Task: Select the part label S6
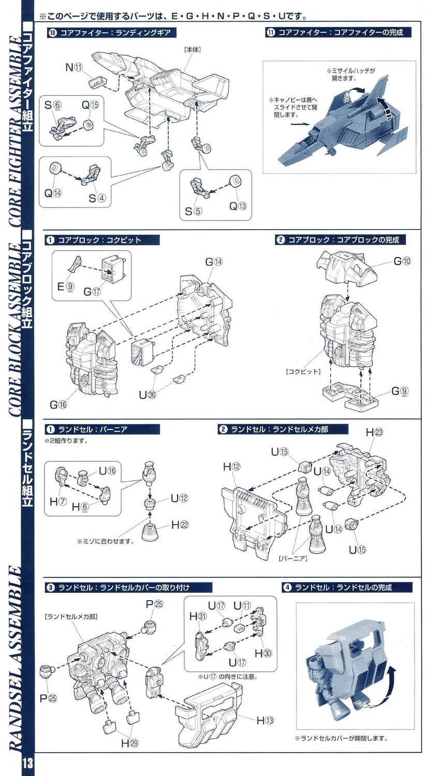(52, 105)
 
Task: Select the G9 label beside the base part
(400, 391)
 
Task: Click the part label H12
(232, 467)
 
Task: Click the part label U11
(242, 605)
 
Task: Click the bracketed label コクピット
(302, 371)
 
